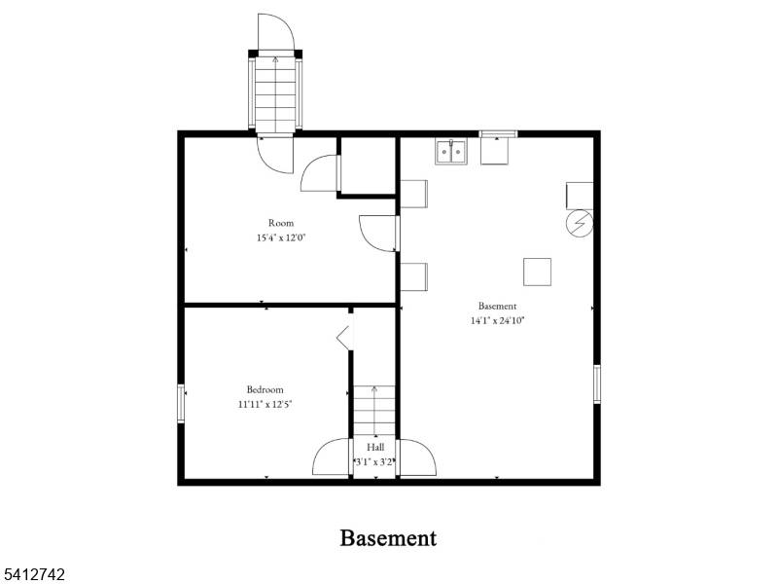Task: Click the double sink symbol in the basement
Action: (450, 152)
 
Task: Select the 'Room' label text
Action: (281, 223)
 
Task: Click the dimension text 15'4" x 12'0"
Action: (281, 237)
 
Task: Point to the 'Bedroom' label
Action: (265, 389)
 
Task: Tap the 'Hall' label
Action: (374, 447)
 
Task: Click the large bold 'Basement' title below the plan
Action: (388, 537)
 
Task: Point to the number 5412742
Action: (34, 575)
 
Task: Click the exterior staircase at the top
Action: (275, 92)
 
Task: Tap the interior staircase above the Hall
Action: (374, 410)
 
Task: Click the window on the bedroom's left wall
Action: (181, 404)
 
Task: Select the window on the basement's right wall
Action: (596, 383)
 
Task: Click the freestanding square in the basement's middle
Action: (537, 272)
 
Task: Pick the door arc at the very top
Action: (275, 33)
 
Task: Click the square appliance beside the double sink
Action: (494, 150)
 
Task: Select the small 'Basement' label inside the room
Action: (497, 306)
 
